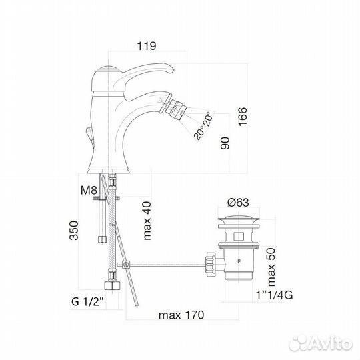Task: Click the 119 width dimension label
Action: pyautogui.click(x=147, y=46)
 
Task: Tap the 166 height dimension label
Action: pyautogui.click(x=243, y=117)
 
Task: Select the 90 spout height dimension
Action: pyautogui.click(x=225, y=143)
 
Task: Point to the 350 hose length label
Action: pyautogui.click(x=74, y=230)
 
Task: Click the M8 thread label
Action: pyautogui.click(x=89, y=190)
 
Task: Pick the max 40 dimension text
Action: pyautogui.click(x=147, y=221)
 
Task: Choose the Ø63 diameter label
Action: pyautogui.click(x=238, y=203)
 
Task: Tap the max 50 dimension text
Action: pyautogui.click(x=271, y=267)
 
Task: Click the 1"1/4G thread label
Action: pyautogui.click(x=275, y=295)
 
